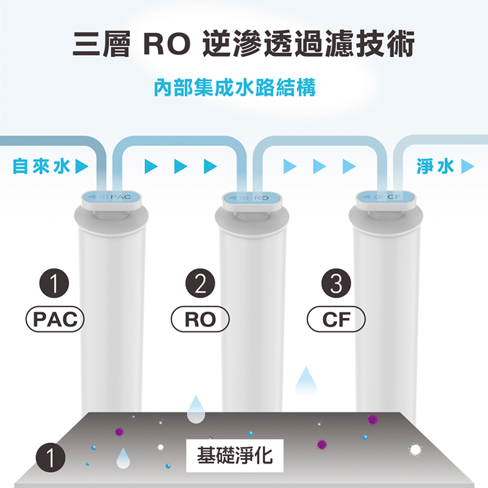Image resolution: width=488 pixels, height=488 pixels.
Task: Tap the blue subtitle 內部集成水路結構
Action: click(x=235, y=88)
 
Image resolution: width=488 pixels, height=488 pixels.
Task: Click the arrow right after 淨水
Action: click(x=468, y=166)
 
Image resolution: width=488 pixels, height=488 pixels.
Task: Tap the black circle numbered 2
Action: click(x=201, y=284)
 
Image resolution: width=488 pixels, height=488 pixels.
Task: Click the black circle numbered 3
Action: click(x=335, y=284)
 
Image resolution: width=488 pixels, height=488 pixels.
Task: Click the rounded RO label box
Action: click(x=201, y=319)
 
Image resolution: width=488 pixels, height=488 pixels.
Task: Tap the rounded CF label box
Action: click(x=335, y=319)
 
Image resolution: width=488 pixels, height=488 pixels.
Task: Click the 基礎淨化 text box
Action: click(x=235, y=455)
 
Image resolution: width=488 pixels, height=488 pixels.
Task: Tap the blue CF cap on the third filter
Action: click(x=385, y=197)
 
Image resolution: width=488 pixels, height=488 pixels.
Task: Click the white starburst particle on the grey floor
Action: click(x=416, y=450)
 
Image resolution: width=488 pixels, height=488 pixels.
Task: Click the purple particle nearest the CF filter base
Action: click(x=372, y=419)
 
